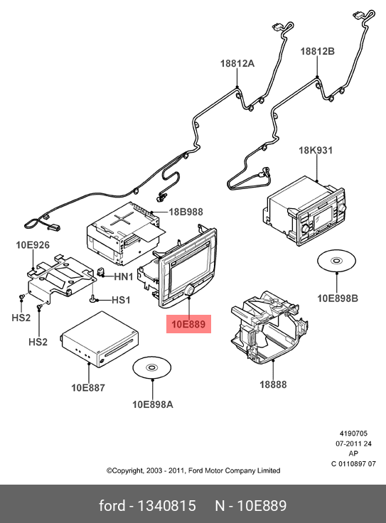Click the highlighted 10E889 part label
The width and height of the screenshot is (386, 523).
coord(188,324)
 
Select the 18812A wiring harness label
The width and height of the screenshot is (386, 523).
coord(237,63)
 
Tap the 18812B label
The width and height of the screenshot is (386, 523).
coord(317,51)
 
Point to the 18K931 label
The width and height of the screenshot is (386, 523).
coord(316,151)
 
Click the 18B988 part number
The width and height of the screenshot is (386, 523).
coord(186,212)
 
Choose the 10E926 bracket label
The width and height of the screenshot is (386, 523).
coord(33,245)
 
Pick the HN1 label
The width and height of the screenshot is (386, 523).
coord(124,276)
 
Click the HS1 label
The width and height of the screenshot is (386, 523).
coord(121,300)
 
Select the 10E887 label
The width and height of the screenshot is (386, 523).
coord(88,387)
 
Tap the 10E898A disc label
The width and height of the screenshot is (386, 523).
coord(153,404)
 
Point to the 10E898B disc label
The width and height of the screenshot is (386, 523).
coord(338,298)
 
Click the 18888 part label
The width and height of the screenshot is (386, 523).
coord(273,384)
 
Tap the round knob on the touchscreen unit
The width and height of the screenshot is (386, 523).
coord(190,290)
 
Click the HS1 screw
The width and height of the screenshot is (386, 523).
coord(92,298)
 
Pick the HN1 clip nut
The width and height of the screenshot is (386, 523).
coord(100,272)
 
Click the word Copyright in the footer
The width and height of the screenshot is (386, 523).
coord(125,470)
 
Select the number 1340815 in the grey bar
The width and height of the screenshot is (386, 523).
coord(166,506)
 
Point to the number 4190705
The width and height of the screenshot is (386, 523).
coord(353,433)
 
